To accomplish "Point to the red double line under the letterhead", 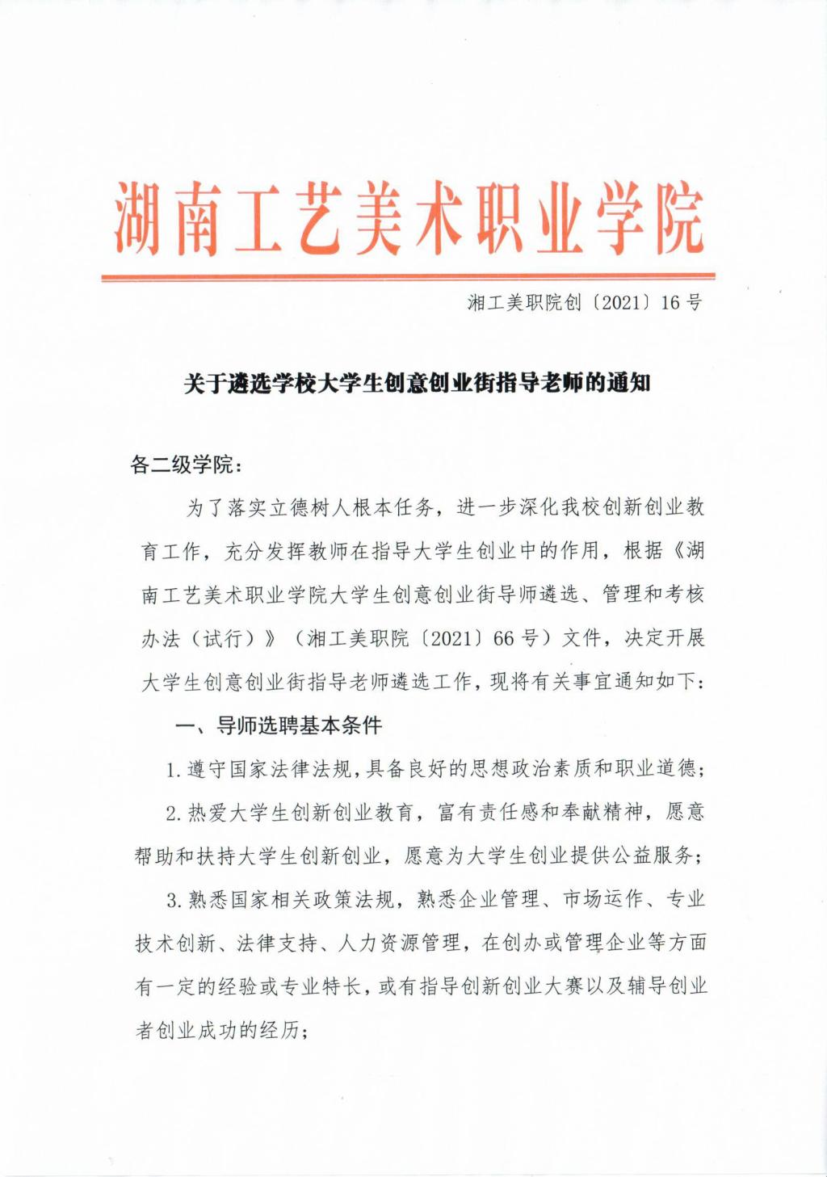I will pos(408,277).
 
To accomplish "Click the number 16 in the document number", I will pos(670,303).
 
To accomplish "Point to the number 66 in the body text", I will pos(503,637).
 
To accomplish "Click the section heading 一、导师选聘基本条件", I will pos(279,725).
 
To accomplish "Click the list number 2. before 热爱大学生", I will pos(173,813).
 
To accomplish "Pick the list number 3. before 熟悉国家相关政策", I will pos(173,899).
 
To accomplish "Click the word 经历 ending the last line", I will pos(279,1030).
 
